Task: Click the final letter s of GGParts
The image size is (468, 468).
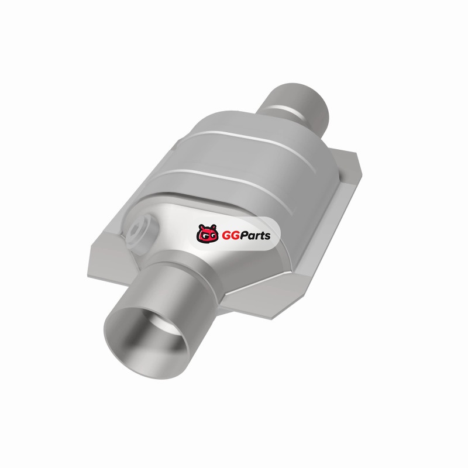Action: [x=267, y=236]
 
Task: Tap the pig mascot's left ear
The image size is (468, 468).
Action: [x=201, y=226]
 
